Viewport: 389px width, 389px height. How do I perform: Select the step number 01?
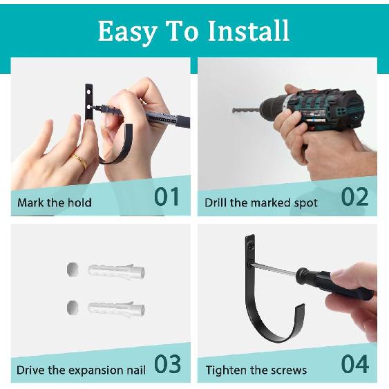tap(167, 197)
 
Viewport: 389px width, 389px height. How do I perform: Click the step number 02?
tap(354, 197)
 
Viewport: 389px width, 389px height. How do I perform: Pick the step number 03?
tap(167, 364)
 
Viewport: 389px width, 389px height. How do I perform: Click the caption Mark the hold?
tap(55, 203)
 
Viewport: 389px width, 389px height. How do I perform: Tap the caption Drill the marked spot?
tap(261, 203)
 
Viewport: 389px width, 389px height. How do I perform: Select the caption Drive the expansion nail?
tap(82, 370)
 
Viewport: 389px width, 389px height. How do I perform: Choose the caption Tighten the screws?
tap(256, 370)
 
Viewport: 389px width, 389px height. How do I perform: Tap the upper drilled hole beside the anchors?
tap(71, 268)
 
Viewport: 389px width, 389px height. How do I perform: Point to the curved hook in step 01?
tap(117, 149)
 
